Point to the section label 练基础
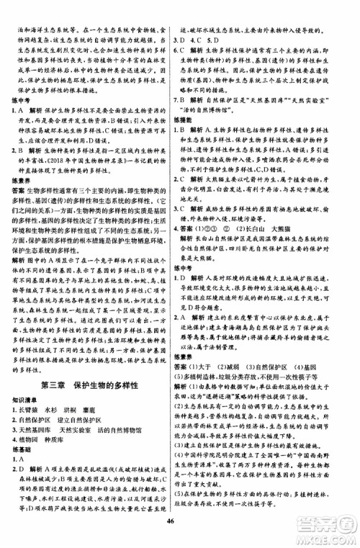click(26, 409)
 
